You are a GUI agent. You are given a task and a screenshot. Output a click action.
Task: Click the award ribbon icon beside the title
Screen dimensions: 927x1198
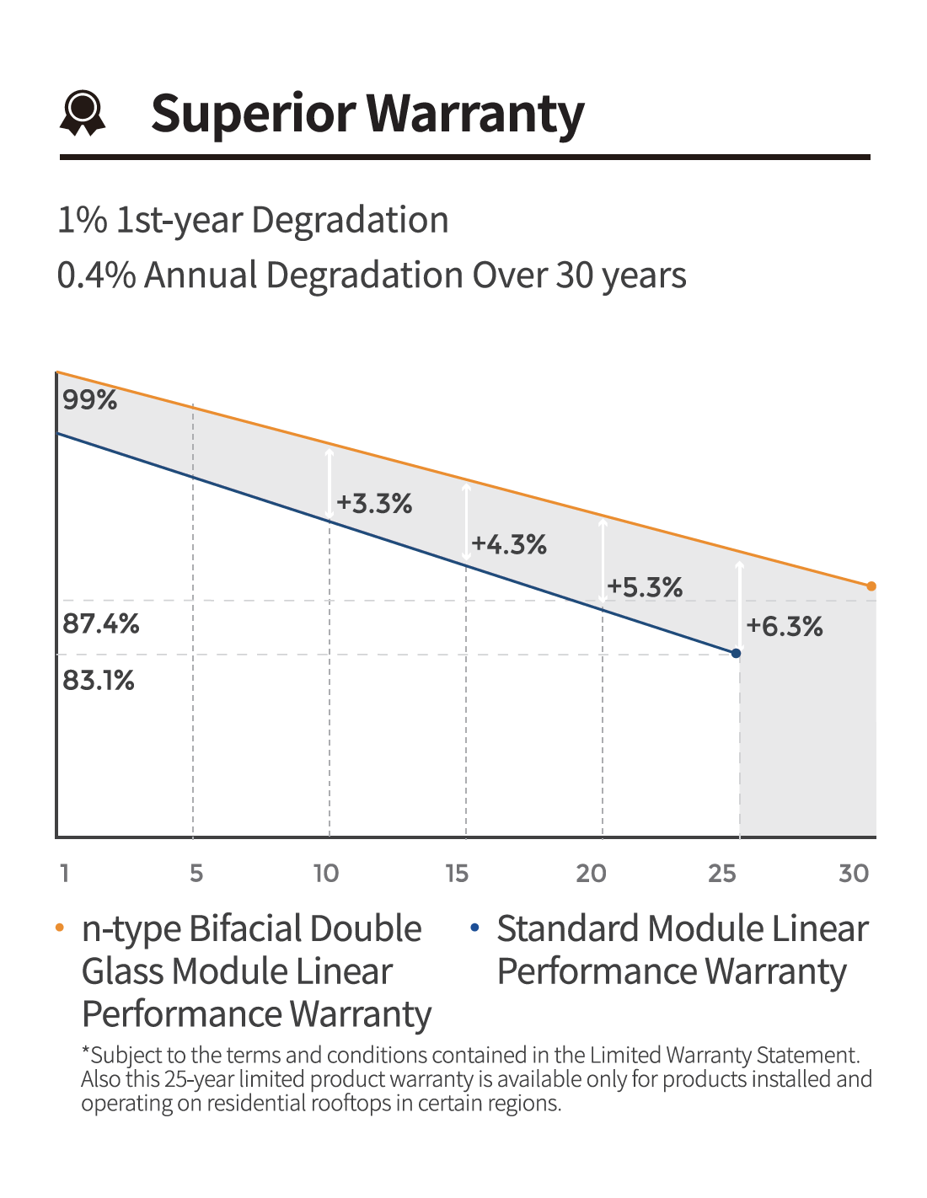click(x=83, y=112)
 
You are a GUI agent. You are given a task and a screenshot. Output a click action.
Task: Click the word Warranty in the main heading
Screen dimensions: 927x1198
click(x=474, y=114)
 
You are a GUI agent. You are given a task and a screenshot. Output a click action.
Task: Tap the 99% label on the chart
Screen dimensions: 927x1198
click(x=89, y=399)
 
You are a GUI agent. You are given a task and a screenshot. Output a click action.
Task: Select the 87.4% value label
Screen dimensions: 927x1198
click(x=100, y=623)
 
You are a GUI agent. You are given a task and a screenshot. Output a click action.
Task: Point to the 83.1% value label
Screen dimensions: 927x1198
click(x=98, y=680)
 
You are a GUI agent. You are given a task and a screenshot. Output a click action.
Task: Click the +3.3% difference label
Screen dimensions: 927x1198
click(x=374, y=503)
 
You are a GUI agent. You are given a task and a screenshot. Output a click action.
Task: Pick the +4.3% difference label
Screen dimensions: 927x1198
click(x=508, y=544)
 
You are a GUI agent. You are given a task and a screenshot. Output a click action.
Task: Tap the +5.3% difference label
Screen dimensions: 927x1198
click(x=645, y=586)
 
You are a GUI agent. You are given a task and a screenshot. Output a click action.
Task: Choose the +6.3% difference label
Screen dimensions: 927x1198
click(x=785, y=626)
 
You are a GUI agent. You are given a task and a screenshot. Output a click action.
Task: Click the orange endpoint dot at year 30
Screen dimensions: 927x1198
click(x=871, y=586)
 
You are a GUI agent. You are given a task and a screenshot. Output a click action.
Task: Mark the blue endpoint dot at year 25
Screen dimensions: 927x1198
click(x=737, y=653)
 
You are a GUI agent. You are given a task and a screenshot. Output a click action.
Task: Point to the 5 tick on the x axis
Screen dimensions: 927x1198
click(x=196, y=874)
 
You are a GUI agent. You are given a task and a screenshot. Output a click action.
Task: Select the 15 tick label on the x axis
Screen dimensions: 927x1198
click(x=457, y=874)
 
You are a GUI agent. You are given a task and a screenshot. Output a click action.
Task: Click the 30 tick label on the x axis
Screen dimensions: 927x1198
click(x=854, y=874)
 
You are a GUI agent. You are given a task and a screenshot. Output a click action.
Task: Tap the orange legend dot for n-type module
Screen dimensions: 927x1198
click(x=60, y=928)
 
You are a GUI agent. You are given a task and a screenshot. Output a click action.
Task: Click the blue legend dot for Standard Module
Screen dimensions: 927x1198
click(x=474, y=928)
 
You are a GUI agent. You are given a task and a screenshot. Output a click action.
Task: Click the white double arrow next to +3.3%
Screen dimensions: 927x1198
click(x=330, y=484)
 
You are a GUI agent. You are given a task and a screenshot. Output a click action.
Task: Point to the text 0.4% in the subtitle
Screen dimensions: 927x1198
click(x=97, y=275)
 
